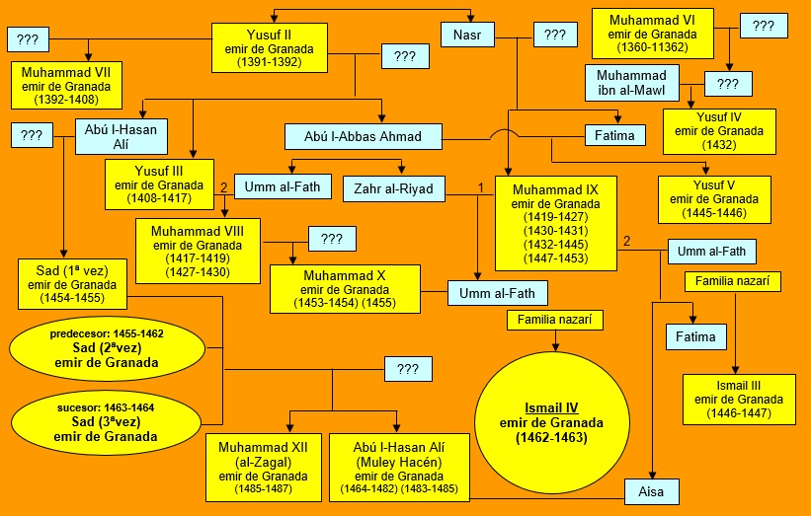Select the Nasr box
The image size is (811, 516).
pyautogui.click(x=467, y=35)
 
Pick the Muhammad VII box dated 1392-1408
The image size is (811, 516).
pyautogui.click(x=68, y=84)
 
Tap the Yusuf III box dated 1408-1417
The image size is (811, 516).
pyautogui.click(x=161, y=184)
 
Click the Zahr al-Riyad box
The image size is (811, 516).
pyautogui.click(x=394, y=187)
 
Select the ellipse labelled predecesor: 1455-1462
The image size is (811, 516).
pyautogui.click(x=107, y=348)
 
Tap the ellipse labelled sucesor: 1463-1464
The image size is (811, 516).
pyautogui.click(x=107, y=421)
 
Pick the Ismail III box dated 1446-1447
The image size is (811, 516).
pyautogui.click(x=740, y=399)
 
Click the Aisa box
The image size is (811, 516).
pyautogui.click(x=654, y=489)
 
